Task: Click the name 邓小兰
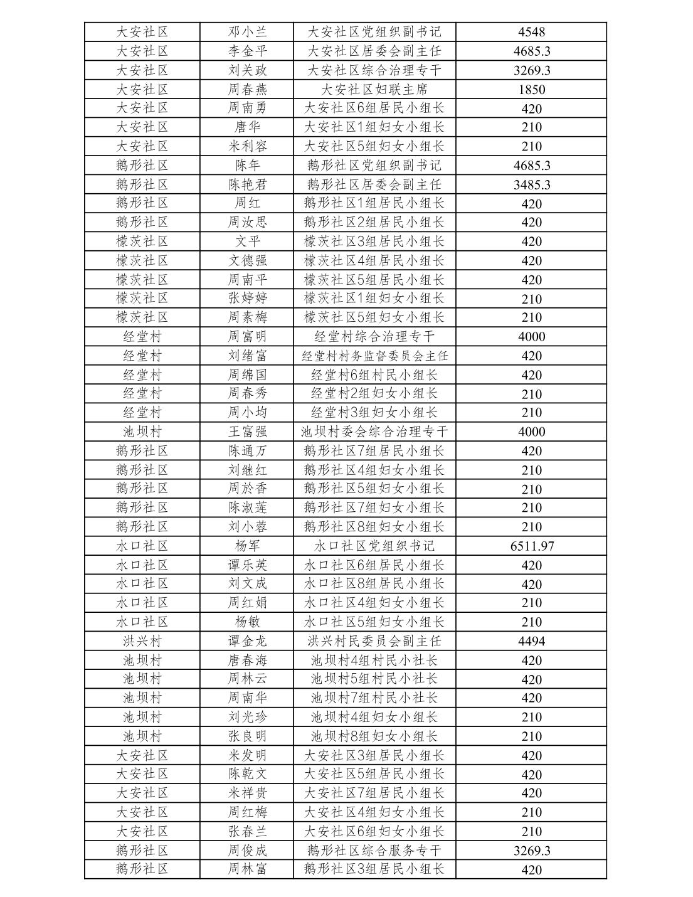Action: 247,32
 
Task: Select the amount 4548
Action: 531,32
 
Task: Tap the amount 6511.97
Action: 531,546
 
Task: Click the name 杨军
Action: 247,546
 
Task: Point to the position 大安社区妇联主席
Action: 374,89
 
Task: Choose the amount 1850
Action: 531,89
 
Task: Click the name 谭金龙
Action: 247,641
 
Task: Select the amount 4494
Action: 531,641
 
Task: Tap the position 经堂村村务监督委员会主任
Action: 374,356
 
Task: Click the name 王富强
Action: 247,432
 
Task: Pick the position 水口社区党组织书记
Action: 374,546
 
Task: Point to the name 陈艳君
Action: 247,184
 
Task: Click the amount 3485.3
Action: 531,184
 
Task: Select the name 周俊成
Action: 247,851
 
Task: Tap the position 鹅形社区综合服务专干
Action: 374,851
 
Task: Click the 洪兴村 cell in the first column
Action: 142,641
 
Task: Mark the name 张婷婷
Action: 247,299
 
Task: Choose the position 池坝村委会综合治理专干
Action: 374,432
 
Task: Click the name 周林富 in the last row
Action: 247,869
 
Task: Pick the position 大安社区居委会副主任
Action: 374,51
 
